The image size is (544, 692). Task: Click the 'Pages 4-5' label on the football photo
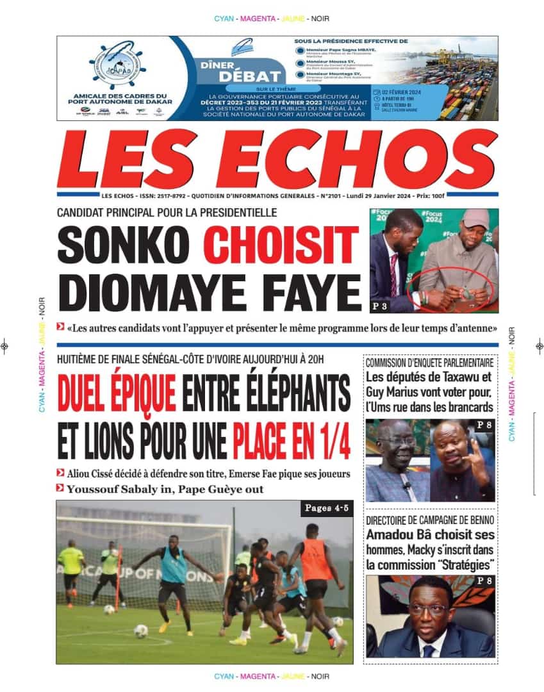coord(326,509)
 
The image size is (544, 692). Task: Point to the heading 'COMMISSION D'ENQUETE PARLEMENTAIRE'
coord(429,363)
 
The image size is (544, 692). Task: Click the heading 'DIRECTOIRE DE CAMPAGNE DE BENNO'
coord(429,522)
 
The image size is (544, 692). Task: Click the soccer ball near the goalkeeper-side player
coord(141,630)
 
